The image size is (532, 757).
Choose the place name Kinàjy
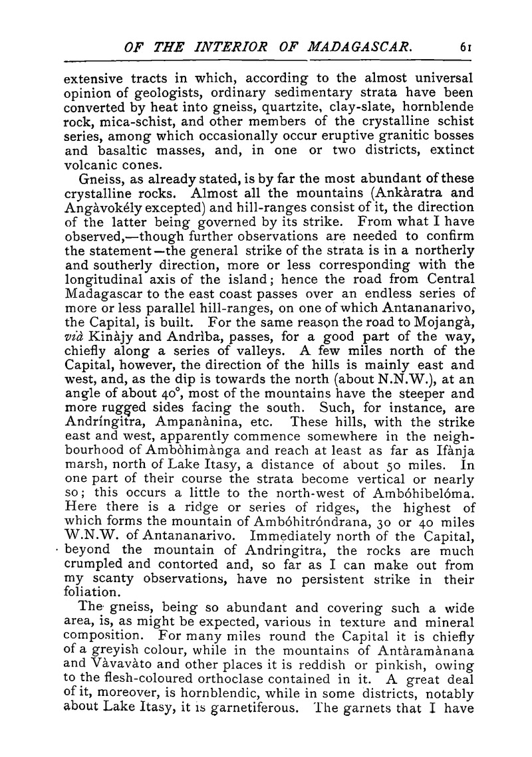[x=110, y=340]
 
